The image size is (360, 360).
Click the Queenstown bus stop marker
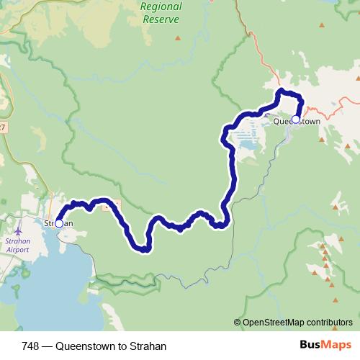pos(295,120)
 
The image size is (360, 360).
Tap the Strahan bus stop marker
pos(59,224)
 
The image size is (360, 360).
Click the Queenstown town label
pos(297,122)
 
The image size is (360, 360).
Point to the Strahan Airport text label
pos(17,246)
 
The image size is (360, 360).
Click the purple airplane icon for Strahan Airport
pos(17,231)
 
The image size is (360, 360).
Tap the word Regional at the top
pos(161,6)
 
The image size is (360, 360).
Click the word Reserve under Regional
pos(161,19)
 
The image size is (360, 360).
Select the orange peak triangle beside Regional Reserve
pos(177,37)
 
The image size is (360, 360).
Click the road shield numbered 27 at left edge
pos(2,127)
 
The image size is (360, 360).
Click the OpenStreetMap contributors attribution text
pos(297,323)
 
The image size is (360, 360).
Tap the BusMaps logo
pos(325,346)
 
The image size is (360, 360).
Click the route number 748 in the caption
pos(31,346)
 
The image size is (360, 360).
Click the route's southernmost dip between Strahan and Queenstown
pos(144,250)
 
